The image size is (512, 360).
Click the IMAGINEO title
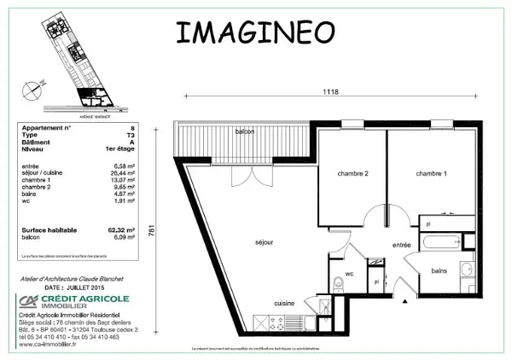point(254,32)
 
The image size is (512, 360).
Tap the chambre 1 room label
point(431,174)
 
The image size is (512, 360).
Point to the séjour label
point(263,242)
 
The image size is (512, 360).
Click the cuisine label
point(284,303)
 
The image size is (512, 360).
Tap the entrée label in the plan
point(401,245)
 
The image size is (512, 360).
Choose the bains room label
point(439,270)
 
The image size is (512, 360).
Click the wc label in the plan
point(350,274)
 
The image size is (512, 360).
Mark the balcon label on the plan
point(245,131)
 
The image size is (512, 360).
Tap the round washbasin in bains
point(466,272)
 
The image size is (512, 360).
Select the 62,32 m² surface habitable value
point(123,229)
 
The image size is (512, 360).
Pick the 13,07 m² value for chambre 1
point(125,180)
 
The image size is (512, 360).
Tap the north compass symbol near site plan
point(32,85)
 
